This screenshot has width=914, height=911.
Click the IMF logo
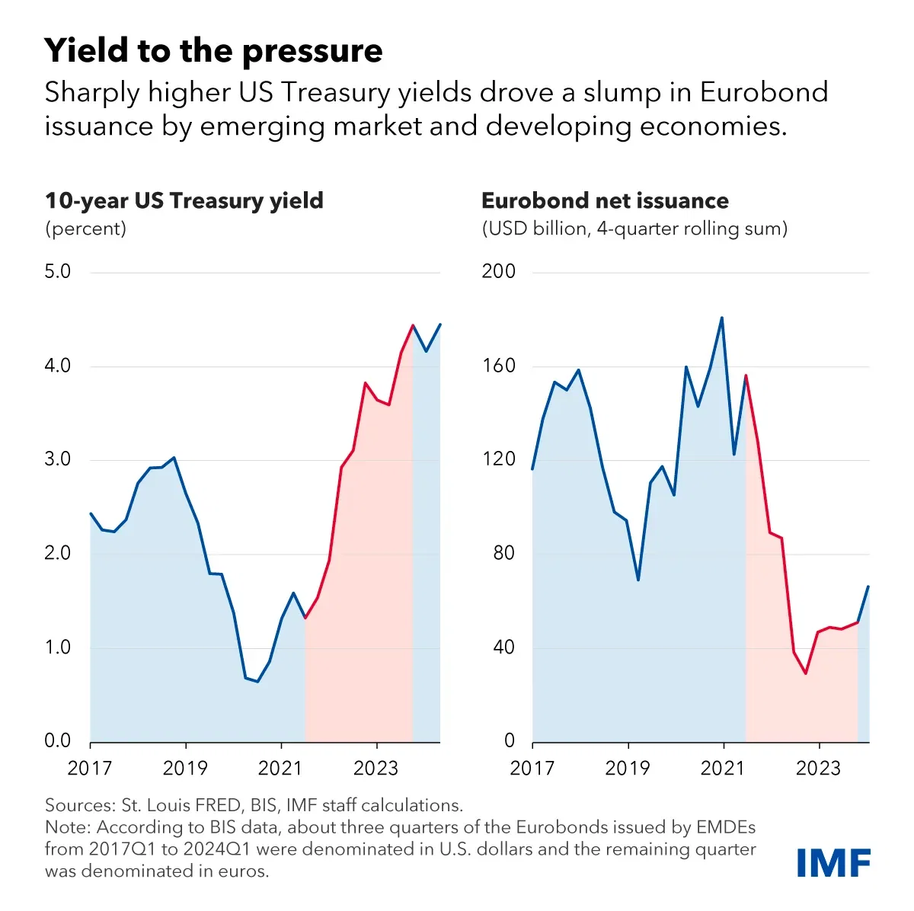pos(833,863)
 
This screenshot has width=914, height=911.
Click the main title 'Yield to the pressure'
pos(213,51)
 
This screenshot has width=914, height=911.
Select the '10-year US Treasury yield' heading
pos(184,200)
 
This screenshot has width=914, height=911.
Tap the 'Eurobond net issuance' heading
pos(605,200)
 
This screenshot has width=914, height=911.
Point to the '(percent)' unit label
pos(85,229)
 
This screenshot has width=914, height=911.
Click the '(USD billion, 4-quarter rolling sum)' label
pos(634,229)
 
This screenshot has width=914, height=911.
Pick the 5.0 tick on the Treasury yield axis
pos(58,272)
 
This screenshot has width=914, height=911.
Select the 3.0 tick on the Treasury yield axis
pos(58,459)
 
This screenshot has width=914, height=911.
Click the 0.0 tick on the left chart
pos(58,740)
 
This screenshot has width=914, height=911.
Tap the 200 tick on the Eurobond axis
pos(498,272)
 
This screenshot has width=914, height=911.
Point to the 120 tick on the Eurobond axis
pos(498,459)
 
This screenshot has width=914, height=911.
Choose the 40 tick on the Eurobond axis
pos(503,647)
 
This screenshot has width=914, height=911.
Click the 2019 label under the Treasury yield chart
pos(185,768)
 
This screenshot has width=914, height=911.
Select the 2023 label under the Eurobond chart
pos(818,768)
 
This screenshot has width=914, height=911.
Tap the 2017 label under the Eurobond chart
pos(532,768)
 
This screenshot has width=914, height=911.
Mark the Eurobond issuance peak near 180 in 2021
pos(722,318)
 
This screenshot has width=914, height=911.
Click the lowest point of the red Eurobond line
pos(805,673)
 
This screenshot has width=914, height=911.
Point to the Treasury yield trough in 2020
pos(257,681)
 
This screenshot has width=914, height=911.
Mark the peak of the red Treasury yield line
pos(413,325)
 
